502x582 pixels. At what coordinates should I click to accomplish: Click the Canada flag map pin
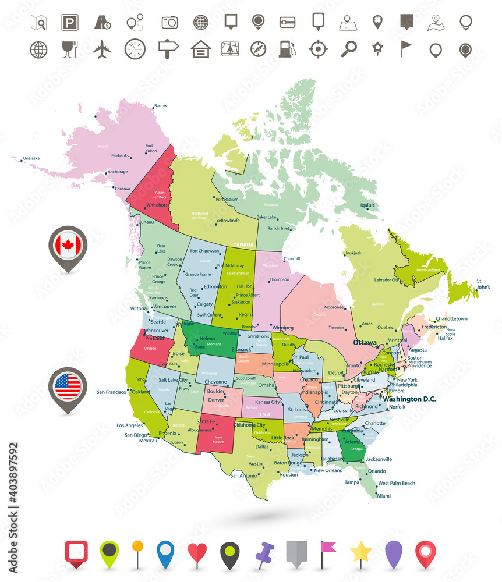pos(68,246)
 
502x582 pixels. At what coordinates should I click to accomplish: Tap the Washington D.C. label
pos(409,399)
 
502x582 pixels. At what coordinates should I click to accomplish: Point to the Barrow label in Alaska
pos(160,105)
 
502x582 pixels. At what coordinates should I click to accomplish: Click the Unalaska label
pos(31,158)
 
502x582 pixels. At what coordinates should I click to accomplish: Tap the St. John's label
pos(483,284)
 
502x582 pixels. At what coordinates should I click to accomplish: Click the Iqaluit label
pos(367,205)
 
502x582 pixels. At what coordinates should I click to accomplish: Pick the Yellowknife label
pos(228,221)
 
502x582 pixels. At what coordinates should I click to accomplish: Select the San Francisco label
pos(111,392)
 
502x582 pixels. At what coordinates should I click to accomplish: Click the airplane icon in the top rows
pos(102,49)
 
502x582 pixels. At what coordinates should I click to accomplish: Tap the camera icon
pos(169,22)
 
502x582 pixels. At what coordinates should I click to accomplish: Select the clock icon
pos(135,49)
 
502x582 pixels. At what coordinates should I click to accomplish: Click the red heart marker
pos(197,553)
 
